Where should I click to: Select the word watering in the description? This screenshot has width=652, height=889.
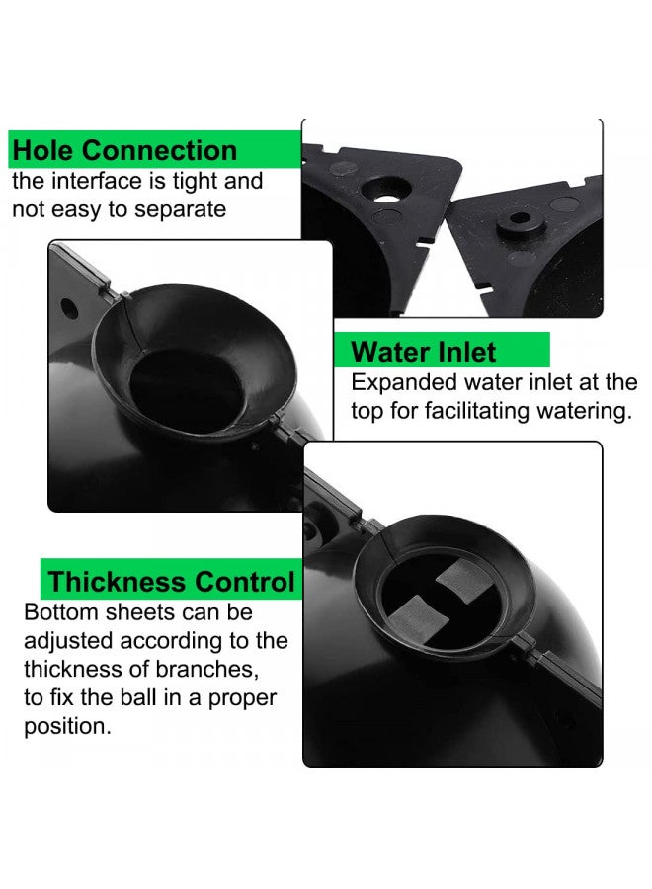tap(582, 411)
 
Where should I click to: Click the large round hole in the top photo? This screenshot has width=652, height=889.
tap(385, 185)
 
